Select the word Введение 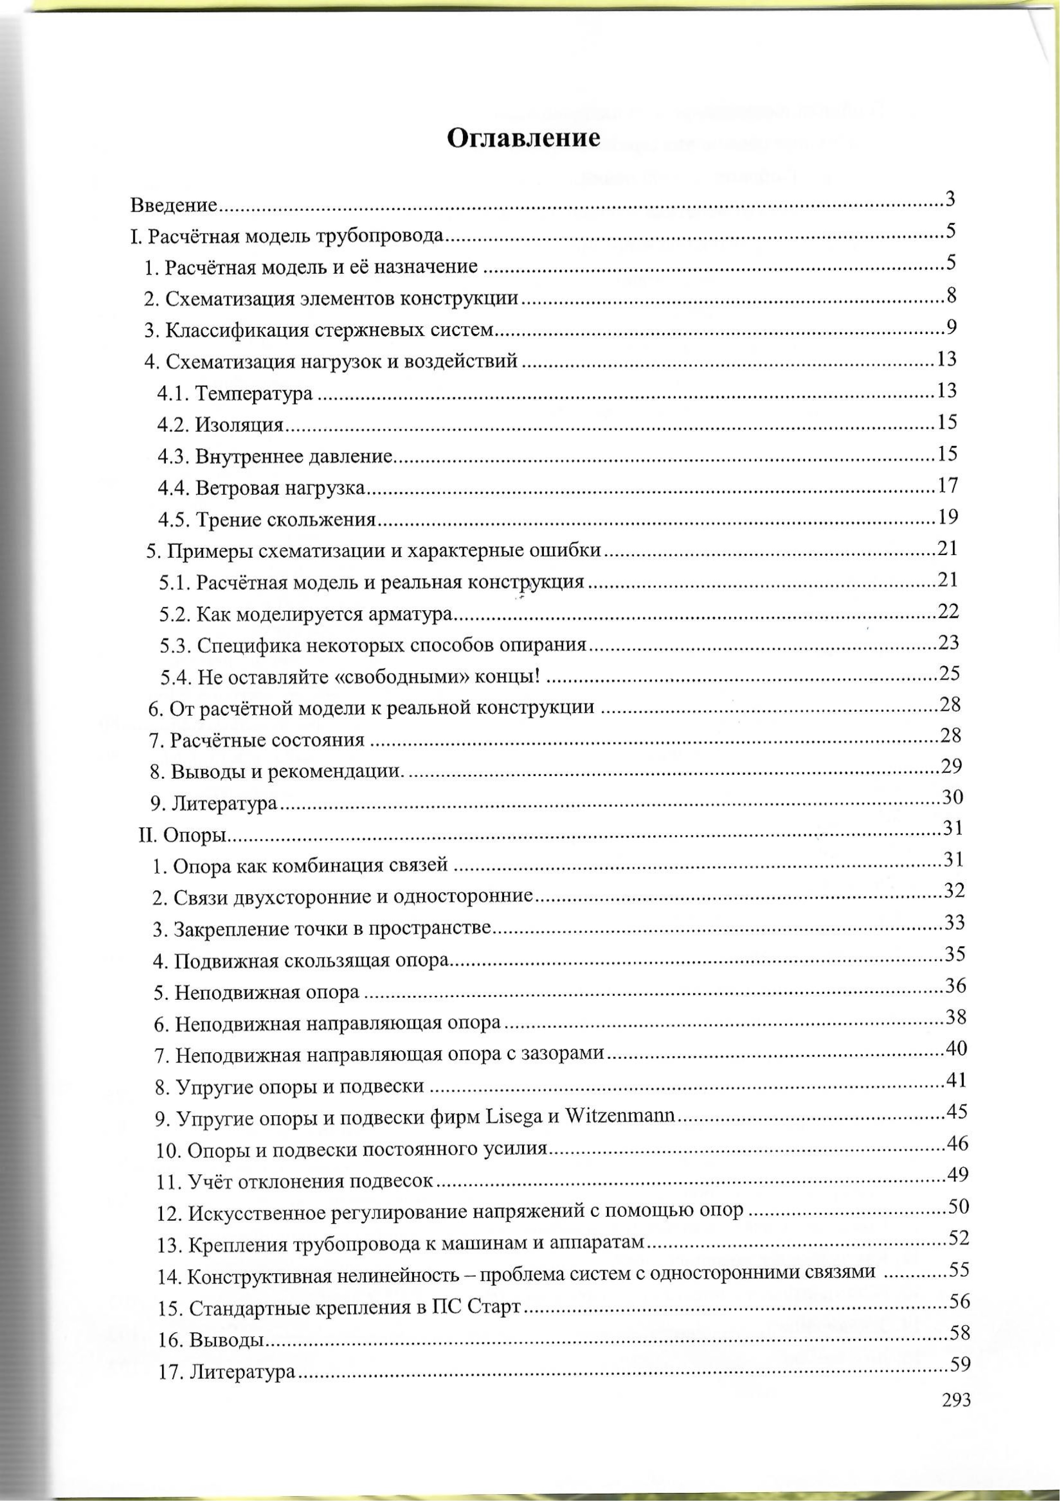[x=174, y=206]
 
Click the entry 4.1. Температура [x=235, y=394]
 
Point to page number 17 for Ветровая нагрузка [x=948, y=485]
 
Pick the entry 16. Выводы [x=211, y=1340]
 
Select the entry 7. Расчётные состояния [x=257, y=740]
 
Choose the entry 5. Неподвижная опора [x=257, y=992]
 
